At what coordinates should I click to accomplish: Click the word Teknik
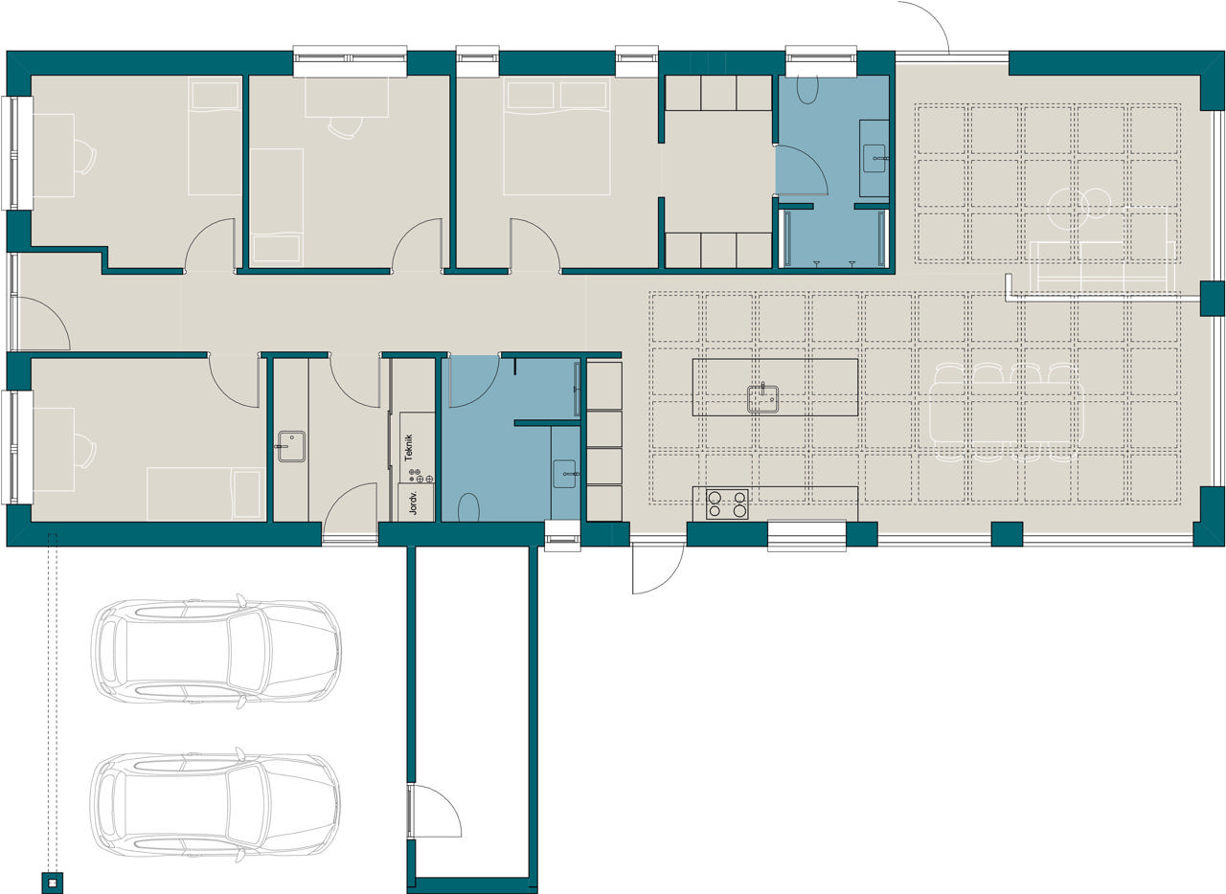pyautogui.click(x=408, y=448)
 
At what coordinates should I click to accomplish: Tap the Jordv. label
pyautogui.click(x=413, y=503)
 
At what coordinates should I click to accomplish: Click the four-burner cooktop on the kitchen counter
pyautogui.click(x=727, y=503)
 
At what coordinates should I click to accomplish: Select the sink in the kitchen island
pyautogui.click(x=763, y=398)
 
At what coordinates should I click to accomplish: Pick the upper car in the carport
pyautogui.click(x=216, y=651)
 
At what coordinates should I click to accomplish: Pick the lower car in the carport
pyautogui.click(x=216, y=805)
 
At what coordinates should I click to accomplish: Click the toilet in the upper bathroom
pyautogui.click(x=807, y=89)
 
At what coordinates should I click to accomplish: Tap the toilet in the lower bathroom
pyautogui.click(x=468, y=507)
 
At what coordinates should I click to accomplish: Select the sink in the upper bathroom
pyautogui.click(x=874, y=158)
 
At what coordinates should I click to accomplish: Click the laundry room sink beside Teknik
pyautogui.click(x=291, y=446)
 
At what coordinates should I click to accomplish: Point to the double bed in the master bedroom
pyautogui.click(x=556, y=136)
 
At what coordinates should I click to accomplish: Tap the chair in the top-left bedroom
pyautogui.click(x=86, y=157)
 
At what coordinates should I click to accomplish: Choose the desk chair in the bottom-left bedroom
pyautogui.click(x=86, y=450)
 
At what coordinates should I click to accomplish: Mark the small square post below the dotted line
pyautogui.click(x=53, y=883)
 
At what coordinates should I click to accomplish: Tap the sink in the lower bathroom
pyautogui.click(x=565, y=474)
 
